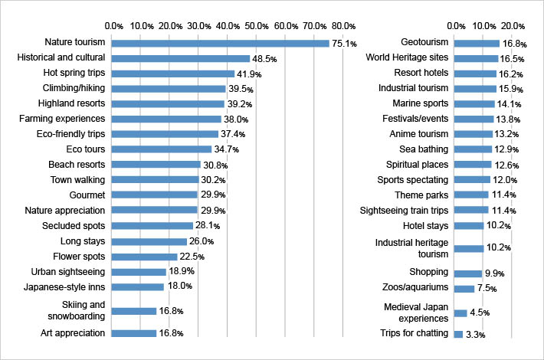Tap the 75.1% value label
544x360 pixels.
[344, 44]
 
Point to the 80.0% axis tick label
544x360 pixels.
[343, 26]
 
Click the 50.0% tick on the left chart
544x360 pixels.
[257, 26]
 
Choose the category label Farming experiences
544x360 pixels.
[62, 119]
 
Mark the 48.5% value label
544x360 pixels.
[264, 58]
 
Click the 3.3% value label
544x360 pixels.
[477, 335]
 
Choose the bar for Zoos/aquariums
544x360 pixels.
[464, 289]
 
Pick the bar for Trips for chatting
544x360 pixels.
[458, 334]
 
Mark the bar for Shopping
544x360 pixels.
[467, 273]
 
